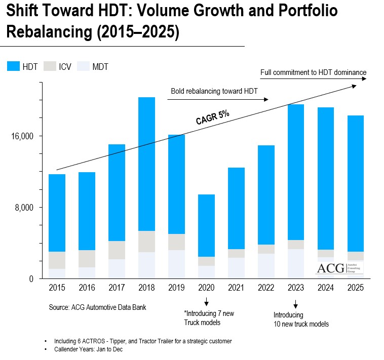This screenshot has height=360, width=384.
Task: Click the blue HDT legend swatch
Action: [13, 66]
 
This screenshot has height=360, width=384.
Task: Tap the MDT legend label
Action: [99, 67]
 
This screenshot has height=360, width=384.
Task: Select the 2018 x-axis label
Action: [146, 287]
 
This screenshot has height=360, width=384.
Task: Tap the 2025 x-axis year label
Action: [356, 287]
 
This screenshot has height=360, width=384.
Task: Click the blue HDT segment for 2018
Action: [146, 164]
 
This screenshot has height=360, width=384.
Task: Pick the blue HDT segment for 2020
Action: [206, 225]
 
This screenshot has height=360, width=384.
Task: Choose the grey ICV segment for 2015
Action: [57, 260]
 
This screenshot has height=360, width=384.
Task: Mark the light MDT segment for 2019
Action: [176, 263]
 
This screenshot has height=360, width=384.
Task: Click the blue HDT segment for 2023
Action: [296, 172]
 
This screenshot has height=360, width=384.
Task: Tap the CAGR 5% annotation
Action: [212, 117]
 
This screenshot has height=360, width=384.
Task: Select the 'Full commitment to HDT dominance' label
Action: [313, 72]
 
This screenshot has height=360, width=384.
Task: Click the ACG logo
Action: [339, 268]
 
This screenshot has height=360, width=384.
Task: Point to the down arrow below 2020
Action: [206, 302]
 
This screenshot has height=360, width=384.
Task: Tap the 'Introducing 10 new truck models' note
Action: [297, 319]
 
